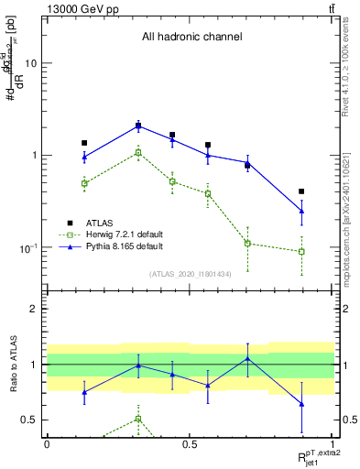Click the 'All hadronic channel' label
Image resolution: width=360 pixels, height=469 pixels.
coord(191,38)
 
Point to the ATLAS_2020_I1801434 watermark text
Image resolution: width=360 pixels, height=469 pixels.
coord(190,274)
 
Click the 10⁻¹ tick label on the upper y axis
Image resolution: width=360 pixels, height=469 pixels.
coord(28,248)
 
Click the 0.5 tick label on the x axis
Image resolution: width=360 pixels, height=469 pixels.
coord(189,443)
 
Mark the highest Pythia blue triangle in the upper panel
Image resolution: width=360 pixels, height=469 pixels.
coord(138,126)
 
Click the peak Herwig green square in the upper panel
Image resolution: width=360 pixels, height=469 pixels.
coord(138,152)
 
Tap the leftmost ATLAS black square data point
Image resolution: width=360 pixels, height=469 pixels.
coord(84,143)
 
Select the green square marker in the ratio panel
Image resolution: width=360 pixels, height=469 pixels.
coord(138,419)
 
